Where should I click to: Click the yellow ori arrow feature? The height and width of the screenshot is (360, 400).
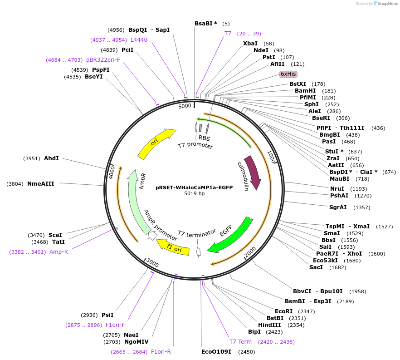[156, 143]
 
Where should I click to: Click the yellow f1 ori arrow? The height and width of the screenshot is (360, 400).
[173, 247]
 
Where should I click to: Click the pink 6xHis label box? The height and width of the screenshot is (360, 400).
[288, 74]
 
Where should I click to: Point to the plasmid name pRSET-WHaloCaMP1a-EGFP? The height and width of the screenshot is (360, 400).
[194, 187]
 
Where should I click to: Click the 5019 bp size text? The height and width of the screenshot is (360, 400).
[194, 193]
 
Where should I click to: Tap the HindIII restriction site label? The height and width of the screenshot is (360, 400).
[270, 325]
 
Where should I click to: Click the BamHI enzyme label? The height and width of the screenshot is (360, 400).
[305, 90]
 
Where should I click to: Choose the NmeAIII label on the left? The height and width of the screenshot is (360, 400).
[40, 184]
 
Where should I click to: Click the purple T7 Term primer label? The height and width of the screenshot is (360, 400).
[240, 341]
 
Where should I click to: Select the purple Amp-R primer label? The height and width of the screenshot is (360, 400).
[59, 252]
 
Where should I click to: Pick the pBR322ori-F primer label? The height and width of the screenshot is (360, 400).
[103, 59]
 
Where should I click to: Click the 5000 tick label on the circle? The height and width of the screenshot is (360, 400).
[185, 106]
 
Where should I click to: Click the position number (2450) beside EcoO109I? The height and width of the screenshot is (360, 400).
[247, 351]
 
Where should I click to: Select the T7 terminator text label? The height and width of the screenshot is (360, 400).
[197, 233]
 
